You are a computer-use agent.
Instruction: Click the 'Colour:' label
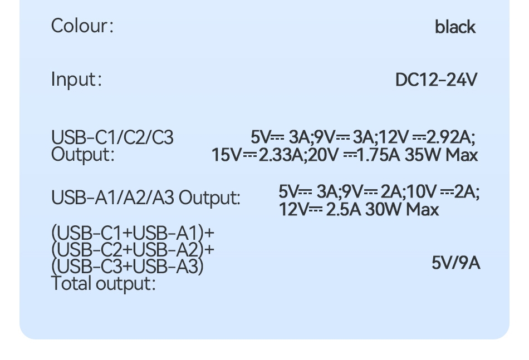[82, 26]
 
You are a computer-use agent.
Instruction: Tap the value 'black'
[455, 27]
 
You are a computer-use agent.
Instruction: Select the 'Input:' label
[76, 79]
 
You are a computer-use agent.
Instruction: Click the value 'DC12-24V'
[436, 80]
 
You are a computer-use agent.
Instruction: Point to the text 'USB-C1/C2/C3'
[112, 137]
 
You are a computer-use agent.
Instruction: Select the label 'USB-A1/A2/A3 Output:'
[146, 198]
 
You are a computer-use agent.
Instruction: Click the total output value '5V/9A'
[455, 263]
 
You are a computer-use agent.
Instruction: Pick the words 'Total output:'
[103, 284]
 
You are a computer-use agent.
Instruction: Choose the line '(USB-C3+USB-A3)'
[128, 267]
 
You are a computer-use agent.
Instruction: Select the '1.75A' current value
[378, 155]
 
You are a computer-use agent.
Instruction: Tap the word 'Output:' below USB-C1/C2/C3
[82, 154]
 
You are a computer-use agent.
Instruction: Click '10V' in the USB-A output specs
[424, 192]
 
